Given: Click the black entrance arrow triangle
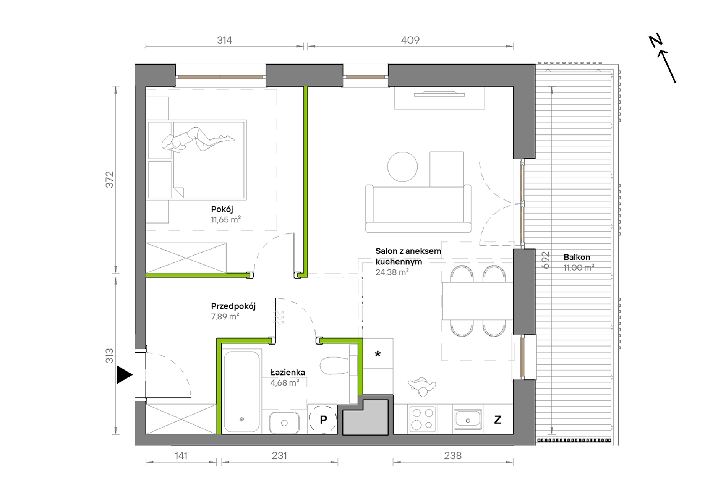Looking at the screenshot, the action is click(124, 374).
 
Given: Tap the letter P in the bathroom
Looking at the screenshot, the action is click(323, 420).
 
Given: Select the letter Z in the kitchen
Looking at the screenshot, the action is click(498, 420).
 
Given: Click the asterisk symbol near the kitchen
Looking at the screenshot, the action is click(378, 354).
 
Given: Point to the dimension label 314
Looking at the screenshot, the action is click(224, 40).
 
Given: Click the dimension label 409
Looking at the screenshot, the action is click(410, 40).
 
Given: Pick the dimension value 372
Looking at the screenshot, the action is click(110, 180).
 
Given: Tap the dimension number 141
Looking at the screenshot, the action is click(181, 455).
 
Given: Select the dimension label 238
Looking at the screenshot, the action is click(453, 455).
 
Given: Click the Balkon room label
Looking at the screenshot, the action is click(577, 257).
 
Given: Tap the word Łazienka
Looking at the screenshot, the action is click(287, 372).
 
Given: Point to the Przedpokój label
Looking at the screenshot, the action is click(233, 306).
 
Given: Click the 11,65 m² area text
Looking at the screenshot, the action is click(226, 220).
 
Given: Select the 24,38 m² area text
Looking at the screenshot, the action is click(392, 272).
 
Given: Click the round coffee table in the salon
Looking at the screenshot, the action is click(402, 167).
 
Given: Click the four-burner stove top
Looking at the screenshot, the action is click(423, 419).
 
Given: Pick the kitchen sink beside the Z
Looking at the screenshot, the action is click(468, 420).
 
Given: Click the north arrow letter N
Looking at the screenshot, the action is click(656, 41).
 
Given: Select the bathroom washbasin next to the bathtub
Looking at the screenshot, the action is click(284, 423).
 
